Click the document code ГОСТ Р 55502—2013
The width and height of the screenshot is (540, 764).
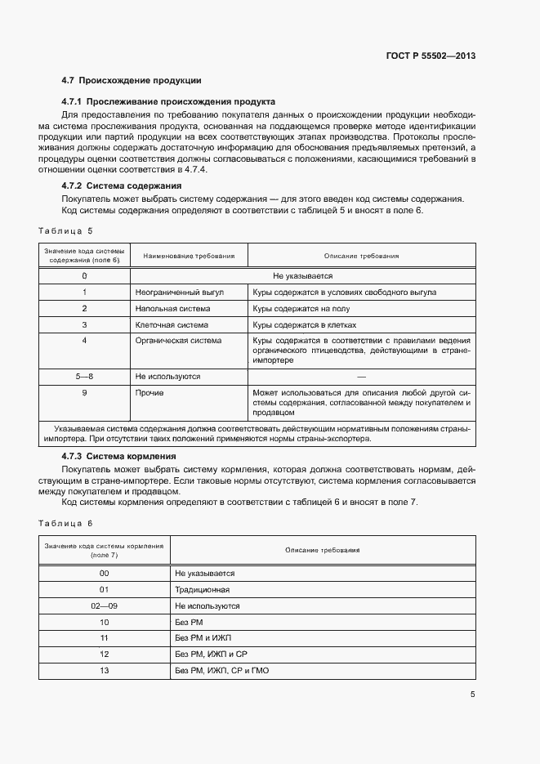click(430, 56)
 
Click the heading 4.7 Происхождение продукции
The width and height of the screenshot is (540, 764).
click(132, 80)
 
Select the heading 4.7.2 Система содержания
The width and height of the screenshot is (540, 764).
click(122, 185)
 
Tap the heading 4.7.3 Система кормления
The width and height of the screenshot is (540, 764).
click(119, 455)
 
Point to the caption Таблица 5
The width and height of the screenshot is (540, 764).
click(66, 231)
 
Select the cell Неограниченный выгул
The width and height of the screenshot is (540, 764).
click(179, 292)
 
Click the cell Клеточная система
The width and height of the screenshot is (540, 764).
click(172, 324)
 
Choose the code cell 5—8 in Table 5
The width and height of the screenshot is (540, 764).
click(84, 377)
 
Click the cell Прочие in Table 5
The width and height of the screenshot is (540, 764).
click(150, 393)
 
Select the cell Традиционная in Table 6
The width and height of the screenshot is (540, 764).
click(203, 589)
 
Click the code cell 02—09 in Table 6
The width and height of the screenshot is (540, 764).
click(105, 606)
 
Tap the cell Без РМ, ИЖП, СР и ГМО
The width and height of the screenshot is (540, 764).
click(222, 671)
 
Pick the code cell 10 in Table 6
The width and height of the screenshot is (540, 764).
click(105, 623)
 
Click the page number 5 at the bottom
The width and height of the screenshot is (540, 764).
click(472, 695)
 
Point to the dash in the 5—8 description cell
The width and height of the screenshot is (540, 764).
click(361, 377)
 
